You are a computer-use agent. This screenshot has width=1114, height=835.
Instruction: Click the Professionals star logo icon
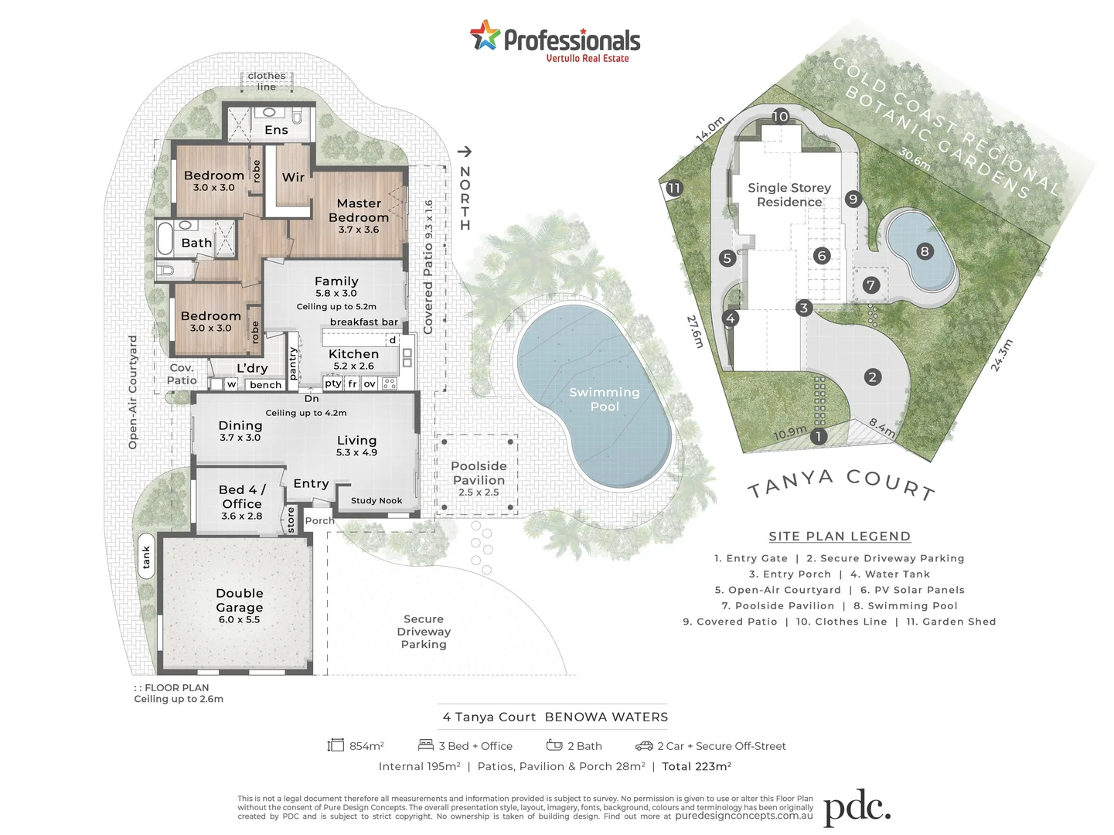[485, 36]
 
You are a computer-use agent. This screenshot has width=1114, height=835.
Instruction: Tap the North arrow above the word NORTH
[464, 152]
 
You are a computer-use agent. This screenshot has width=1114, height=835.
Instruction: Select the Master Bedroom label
[359, 210]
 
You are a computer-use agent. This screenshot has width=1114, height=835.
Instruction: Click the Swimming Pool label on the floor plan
[605, 399]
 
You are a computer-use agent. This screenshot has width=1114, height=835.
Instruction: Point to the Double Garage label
[240, 600]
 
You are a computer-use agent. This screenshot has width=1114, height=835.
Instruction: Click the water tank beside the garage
[146, 556]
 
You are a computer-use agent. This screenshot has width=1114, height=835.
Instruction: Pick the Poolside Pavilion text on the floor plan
[479, 473]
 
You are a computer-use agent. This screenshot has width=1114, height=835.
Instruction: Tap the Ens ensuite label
[276, 130]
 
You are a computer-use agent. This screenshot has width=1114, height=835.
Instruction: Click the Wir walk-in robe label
[293, 177]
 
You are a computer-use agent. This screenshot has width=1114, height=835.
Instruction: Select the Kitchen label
[353, 354]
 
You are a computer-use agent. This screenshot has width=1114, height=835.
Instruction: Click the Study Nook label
[376, 500]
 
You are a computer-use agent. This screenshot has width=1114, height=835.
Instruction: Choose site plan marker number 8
[924, 250]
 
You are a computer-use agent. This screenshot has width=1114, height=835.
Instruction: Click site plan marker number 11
[673, 188]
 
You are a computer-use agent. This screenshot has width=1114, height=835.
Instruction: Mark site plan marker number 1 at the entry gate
[818, 437]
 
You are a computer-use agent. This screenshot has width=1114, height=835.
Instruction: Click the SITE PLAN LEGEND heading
[840, 536]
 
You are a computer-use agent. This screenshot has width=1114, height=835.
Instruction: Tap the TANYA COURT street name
[841, 484]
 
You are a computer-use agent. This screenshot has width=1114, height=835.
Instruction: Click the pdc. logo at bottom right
[857, 809]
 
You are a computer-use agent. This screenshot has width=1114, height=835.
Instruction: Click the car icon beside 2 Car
[644, 746]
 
